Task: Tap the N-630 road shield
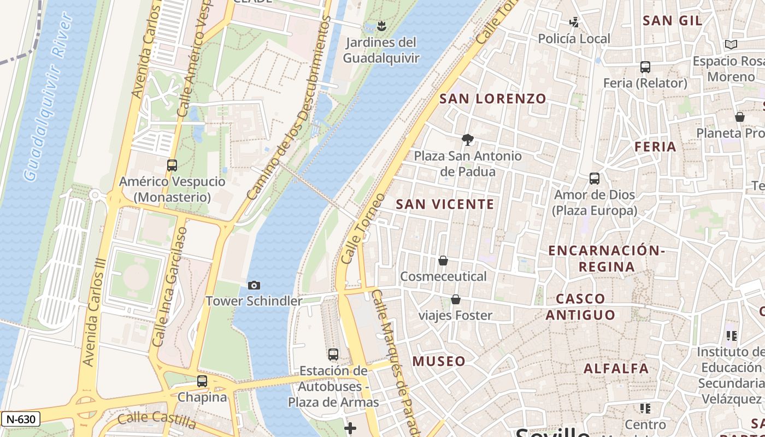[20, 420]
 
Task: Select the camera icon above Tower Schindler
[254, 285]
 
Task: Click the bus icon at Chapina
[202, 381]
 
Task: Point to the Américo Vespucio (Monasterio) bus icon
[172, 165]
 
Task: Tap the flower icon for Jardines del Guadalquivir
[381, 26]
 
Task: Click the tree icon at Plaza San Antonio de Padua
[467, 140]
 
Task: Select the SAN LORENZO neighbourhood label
[493, 99]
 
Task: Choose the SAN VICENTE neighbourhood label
[445, 204]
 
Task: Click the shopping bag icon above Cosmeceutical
[443, 261]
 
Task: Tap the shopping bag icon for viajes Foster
[455, 299]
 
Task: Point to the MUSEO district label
[439, 361]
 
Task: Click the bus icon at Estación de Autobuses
[333, 355]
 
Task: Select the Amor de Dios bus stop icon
[595, 179]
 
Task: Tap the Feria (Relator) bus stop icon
[645, 67]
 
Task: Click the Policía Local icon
[574, 22]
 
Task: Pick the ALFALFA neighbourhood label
[616, 369]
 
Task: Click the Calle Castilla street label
[157, 421]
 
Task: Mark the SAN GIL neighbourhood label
[672, 21]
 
